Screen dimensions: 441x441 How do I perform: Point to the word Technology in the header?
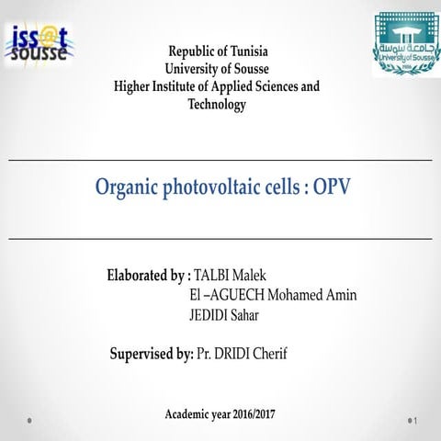[217, 105]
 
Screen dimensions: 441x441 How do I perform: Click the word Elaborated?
[138, 276]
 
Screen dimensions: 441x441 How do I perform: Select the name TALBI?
[211, 276]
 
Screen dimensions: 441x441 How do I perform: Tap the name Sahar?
[256, 314]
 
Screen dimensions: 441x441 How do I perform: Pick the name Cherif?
[280, 353]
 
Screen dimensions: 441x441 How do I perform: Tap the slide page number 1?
[417, 421]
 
